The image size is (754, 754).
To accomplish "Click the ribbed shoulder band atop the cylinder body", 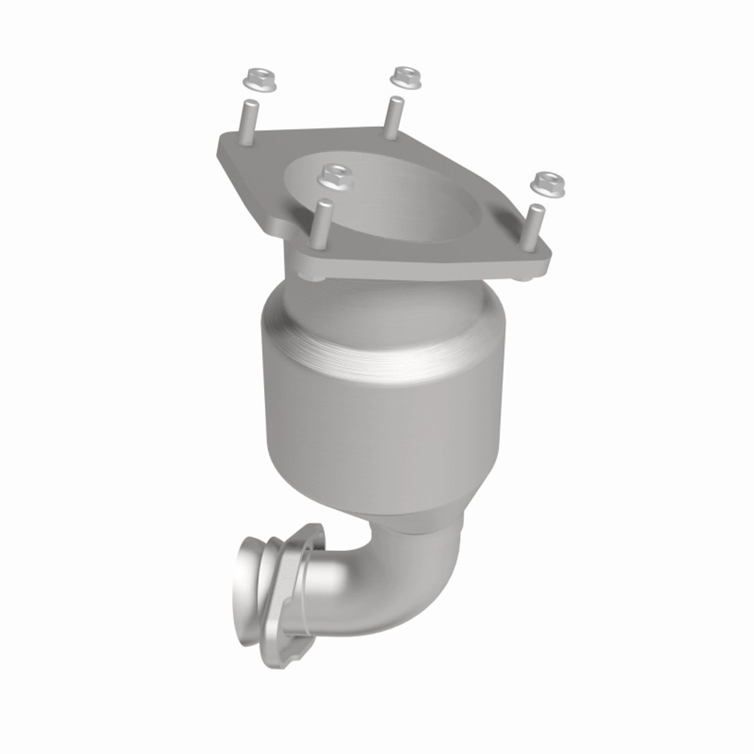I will click(x=383, y=342).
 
